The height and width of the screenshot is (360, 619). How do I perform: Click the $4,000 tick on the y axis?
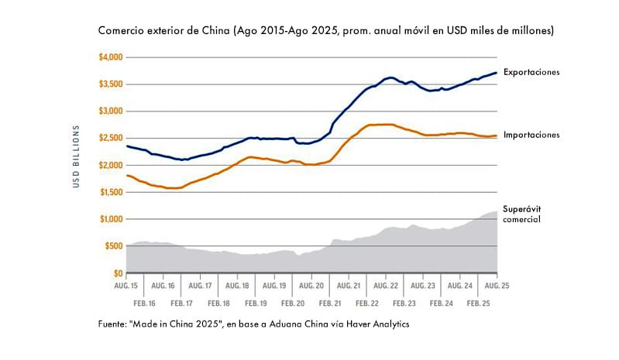(x=111, y=57)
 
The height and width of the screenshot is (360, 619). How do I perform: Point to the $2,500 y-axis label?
(x=111, y=139)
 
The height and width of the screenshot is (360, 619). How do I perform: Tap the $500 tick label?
(x=113, y=246)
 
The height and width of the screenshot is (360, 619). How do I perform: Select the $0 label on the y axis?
(x=119, y=273)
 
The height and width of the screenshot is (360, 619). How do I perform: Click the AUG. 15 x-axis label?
(x=126, y=286)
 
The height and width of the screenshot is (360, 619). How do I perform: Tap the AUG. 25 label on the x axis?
(x=496, y=286)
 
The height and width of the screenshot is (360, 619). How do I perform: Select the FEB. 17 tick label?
(x=182, y=304)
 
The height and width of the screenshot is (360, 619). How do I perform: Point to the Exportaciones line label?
(x=531, y=72)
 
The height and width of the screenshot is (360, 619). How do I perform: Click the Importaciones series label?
(x=531, y=135)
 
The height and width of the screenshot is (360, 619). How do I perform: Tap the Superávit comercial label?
(x=521, y=214)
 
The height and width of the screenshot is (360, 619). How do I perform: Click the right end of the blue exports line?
(x=496, y=73)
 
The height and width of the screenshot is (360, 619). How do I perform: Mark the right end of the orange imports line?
(x=496, y=135)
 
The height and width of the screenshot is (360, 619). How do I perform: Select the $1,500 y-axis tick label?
(x=111, y=192)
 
